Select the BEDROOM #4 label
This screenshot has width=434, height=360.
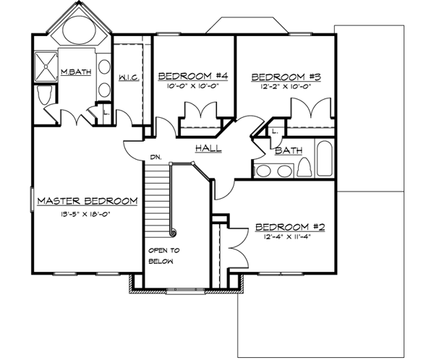pos(192,76)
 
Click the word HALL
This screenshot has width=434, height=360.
pos(208,148)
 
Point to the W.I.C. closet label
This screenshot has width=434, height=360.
pos(128,77)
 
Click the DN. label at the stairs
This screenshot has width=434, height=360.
pos(156,156)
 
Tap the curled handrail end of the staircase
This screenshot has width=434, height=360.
pos(173,232)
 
